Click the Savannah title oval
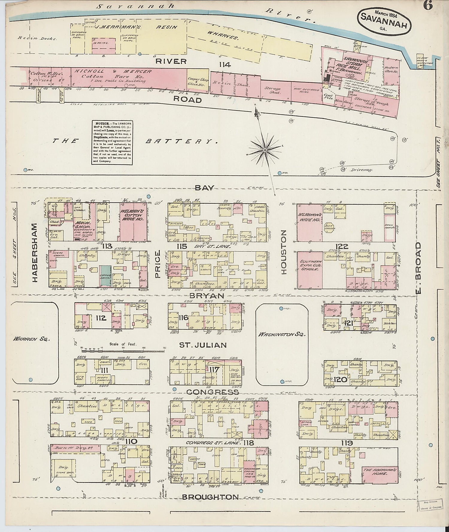(384, 21)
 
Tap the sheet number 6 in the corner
(428, 6)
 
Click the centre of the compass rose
(265, 149)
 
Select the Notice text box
(112, 142)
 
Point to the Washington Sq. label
(282, 335)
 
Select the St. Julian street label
(203, 345)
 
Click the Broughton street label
(210, 497)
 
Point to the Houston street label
(284, 252)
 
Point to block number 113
(107, 246)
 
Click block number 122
(342, 246)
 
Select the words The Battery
(135, 141)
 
